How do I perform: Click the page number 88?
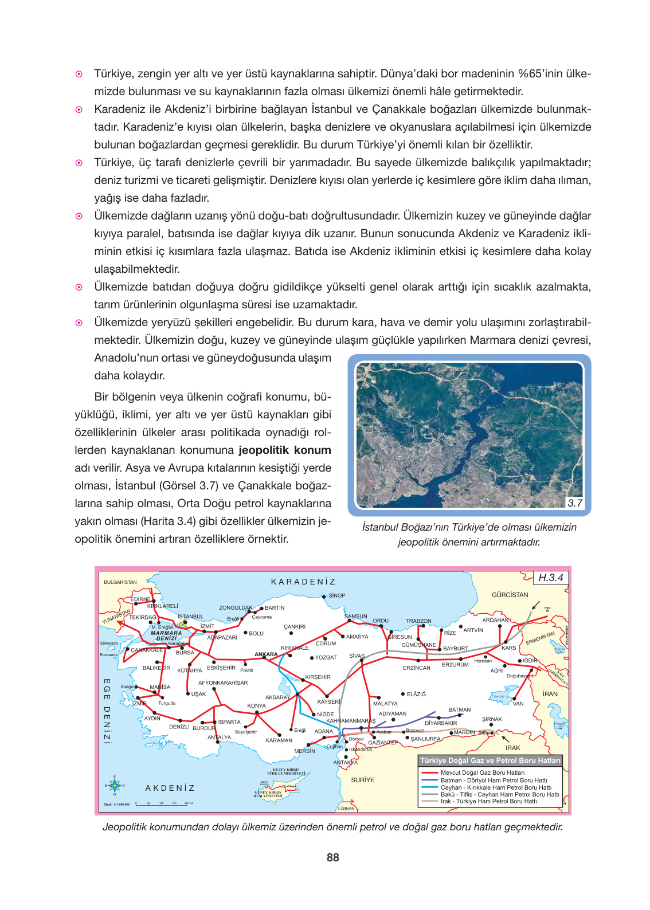[x=332, y=857]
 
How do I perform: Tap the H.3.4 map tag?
[x=550, y=578]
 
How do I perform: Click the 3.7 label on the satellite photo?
[x=574, y=503]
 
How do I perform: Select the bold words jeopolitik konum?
[x=285, y=450]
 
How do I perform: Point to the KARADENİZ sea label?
[x=303, y=582]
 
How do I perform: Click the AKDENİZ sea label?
[x=170, y=788]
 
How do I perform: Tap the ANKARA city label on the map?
[x=266, y=654]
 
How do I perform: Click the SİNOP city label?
[x=336, y=595]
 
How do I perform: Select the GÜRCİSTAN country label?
[x=510, y=595]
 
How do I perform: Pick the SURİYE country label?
[x=362, y=780]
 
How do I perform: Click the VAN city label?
[x=518, y=704]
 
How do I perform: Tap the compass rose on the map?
[x=115, y=785]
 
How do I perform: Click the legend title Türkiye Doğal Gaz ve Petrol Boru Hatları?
[x=490, y=760]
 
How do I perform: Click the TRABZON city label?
[x=418, y=621]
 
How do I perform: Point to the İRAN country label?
[x=550, y=694]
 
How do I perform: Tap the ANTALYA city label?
[x=219, y=738]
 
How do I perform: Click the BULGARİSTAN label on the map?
[x=120, y=582]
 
